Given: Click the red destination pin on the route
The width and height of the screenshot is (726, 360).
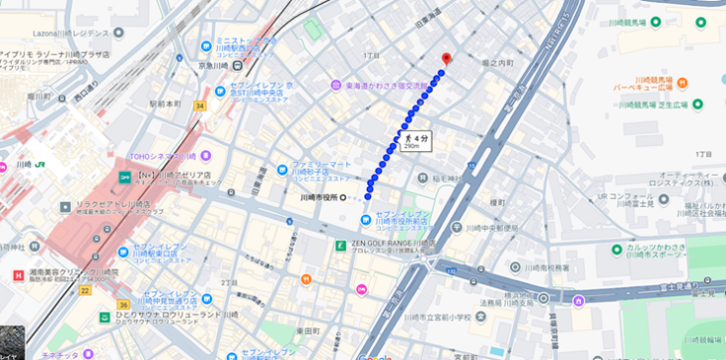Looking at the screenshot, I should [447, 58].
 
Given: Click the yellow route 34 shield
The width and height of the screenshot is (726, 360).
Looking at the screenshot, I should [200, 105].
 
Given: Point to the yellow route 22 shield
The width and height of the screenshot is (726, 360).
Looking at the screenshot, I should [86, 290].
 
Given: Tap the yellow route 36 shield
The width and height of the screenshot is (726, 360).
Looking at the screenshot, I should [122, 304].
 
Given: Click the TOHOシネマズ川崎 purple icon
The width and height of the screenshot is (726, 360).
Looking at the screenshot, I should [206, 156].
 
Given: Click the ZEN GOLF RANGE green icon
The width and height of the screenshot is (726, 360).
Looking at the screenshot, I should [340, 245].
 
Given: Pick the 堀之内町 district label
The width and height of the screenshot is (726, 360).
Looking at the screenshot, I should [496, 63].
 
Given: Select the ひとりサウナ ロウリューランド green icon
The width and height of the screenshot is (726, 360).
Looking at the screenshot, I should [103, 316].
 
